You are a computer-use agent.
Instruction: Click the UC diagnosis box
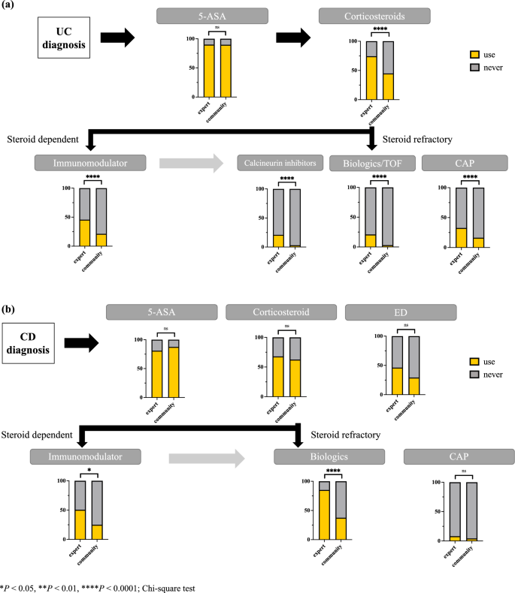tap(64, 37)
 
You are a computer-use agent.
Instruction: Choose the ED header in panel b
tap(400, 311)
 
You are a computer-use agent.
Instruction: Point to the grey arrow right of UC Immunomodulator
tap(191, 162)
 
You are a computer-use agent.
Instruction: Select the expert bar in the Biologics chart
tap(324, 510)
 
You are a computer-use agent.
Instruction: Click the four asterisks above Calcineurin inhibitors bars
tap(287, 179)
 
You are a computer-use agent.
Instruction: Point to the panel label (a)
tap(11, 8)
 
